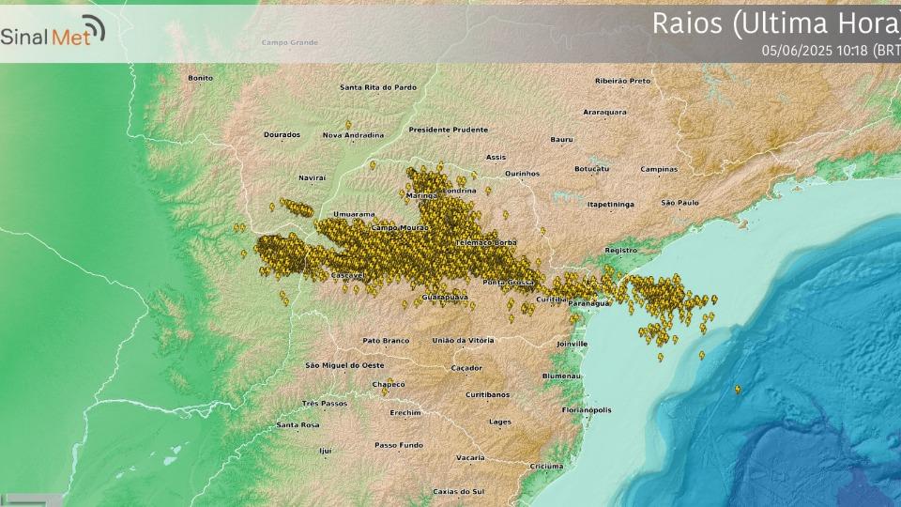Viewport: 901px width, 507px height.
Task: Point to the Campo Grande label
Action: (290, 43)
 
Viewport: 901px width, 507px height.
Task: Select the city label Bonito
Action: (201, 78)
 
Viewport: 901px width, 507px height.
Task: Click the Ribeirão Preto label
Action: (622, 81)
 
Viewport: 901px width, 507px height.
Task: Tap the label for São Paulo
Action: (680, 202)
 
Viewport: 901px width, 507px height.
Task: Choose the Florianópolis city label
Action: (587, 410)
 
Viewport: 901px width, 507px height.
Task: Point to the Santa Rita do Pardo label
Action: (378, 87)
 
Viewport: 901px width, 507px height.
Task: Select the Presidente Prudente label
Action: (449, 130)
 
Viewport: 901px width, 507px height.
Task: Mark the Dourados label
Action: (282, 135)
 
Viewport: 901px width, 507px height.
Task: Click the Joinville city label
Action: (571, 344)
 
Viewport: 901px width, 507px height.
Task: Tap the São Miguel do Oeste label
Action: (344, 364)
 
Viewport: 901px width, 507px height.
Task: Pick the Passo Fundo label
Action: (399, 445)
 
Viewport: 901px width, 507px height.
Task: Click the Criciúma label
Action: (546, 466)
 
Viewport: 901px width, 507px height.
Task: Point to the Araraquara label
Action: (604, 112)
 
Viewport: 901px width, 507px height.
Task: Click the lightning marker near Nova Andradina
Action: (348, 124)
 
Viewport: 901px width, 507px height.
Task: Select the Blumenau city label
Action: (561, 376)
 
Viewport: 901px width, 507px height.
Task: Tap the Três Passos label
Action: (325, 403)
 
